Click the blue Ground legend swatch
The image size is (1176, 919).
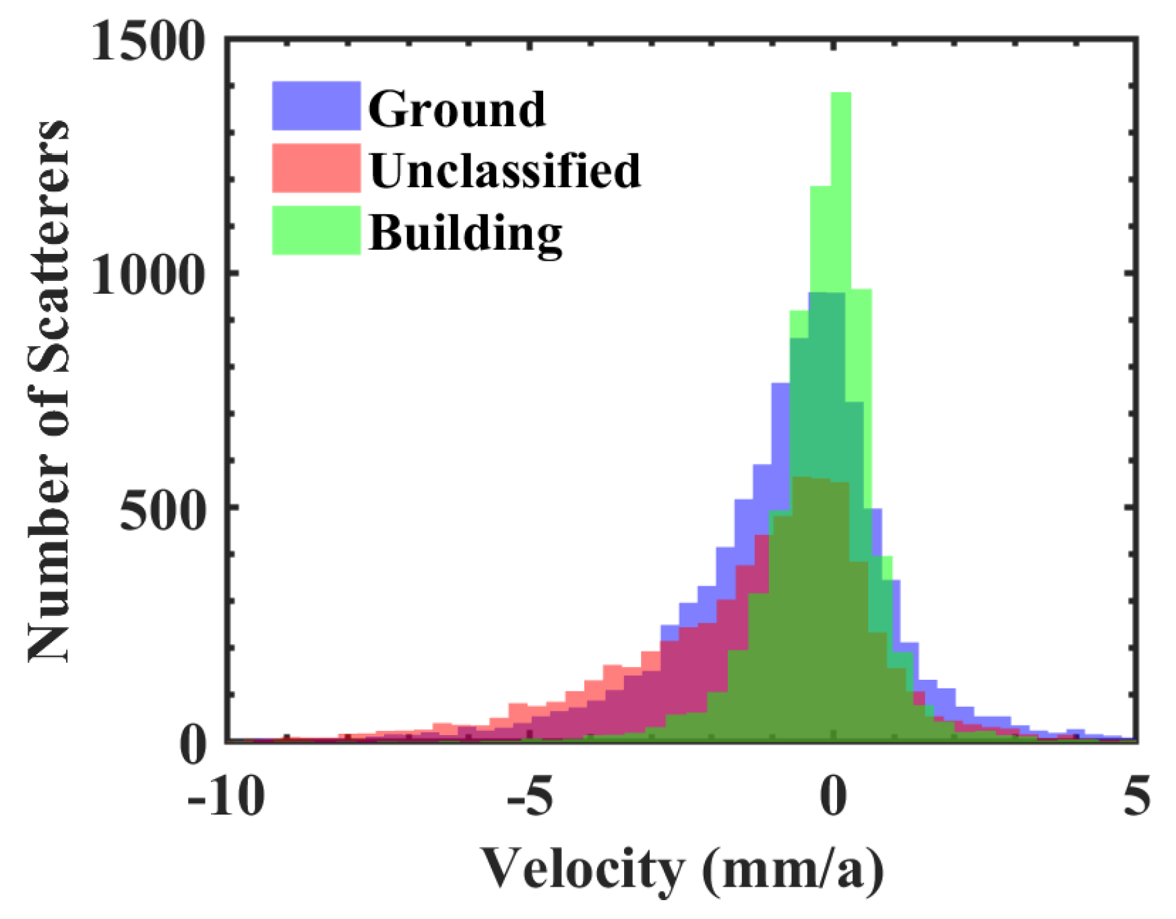tap(315, 106)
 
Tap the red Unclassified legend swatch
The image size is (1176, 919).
tap(315, 168)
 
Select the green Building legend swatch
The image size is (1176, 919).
tap(315, 230)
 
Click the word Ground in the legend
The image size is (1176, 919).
tap(456, 109)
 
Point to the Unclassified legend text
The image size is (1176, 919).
tap(504, 170)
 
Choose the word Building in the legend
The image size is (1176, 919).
tap(465, 233)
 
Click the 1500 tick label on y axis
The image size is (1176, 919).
tap(146, 42)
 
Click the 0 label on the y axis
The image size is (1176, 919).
tap(193, 745)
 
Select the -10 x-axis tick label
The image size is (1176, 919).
tap(225, 797)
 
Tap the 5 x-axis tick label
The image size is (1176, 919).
tap(1136, 797)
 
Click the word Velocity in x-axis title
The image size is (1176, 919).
tap(582, 870)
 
